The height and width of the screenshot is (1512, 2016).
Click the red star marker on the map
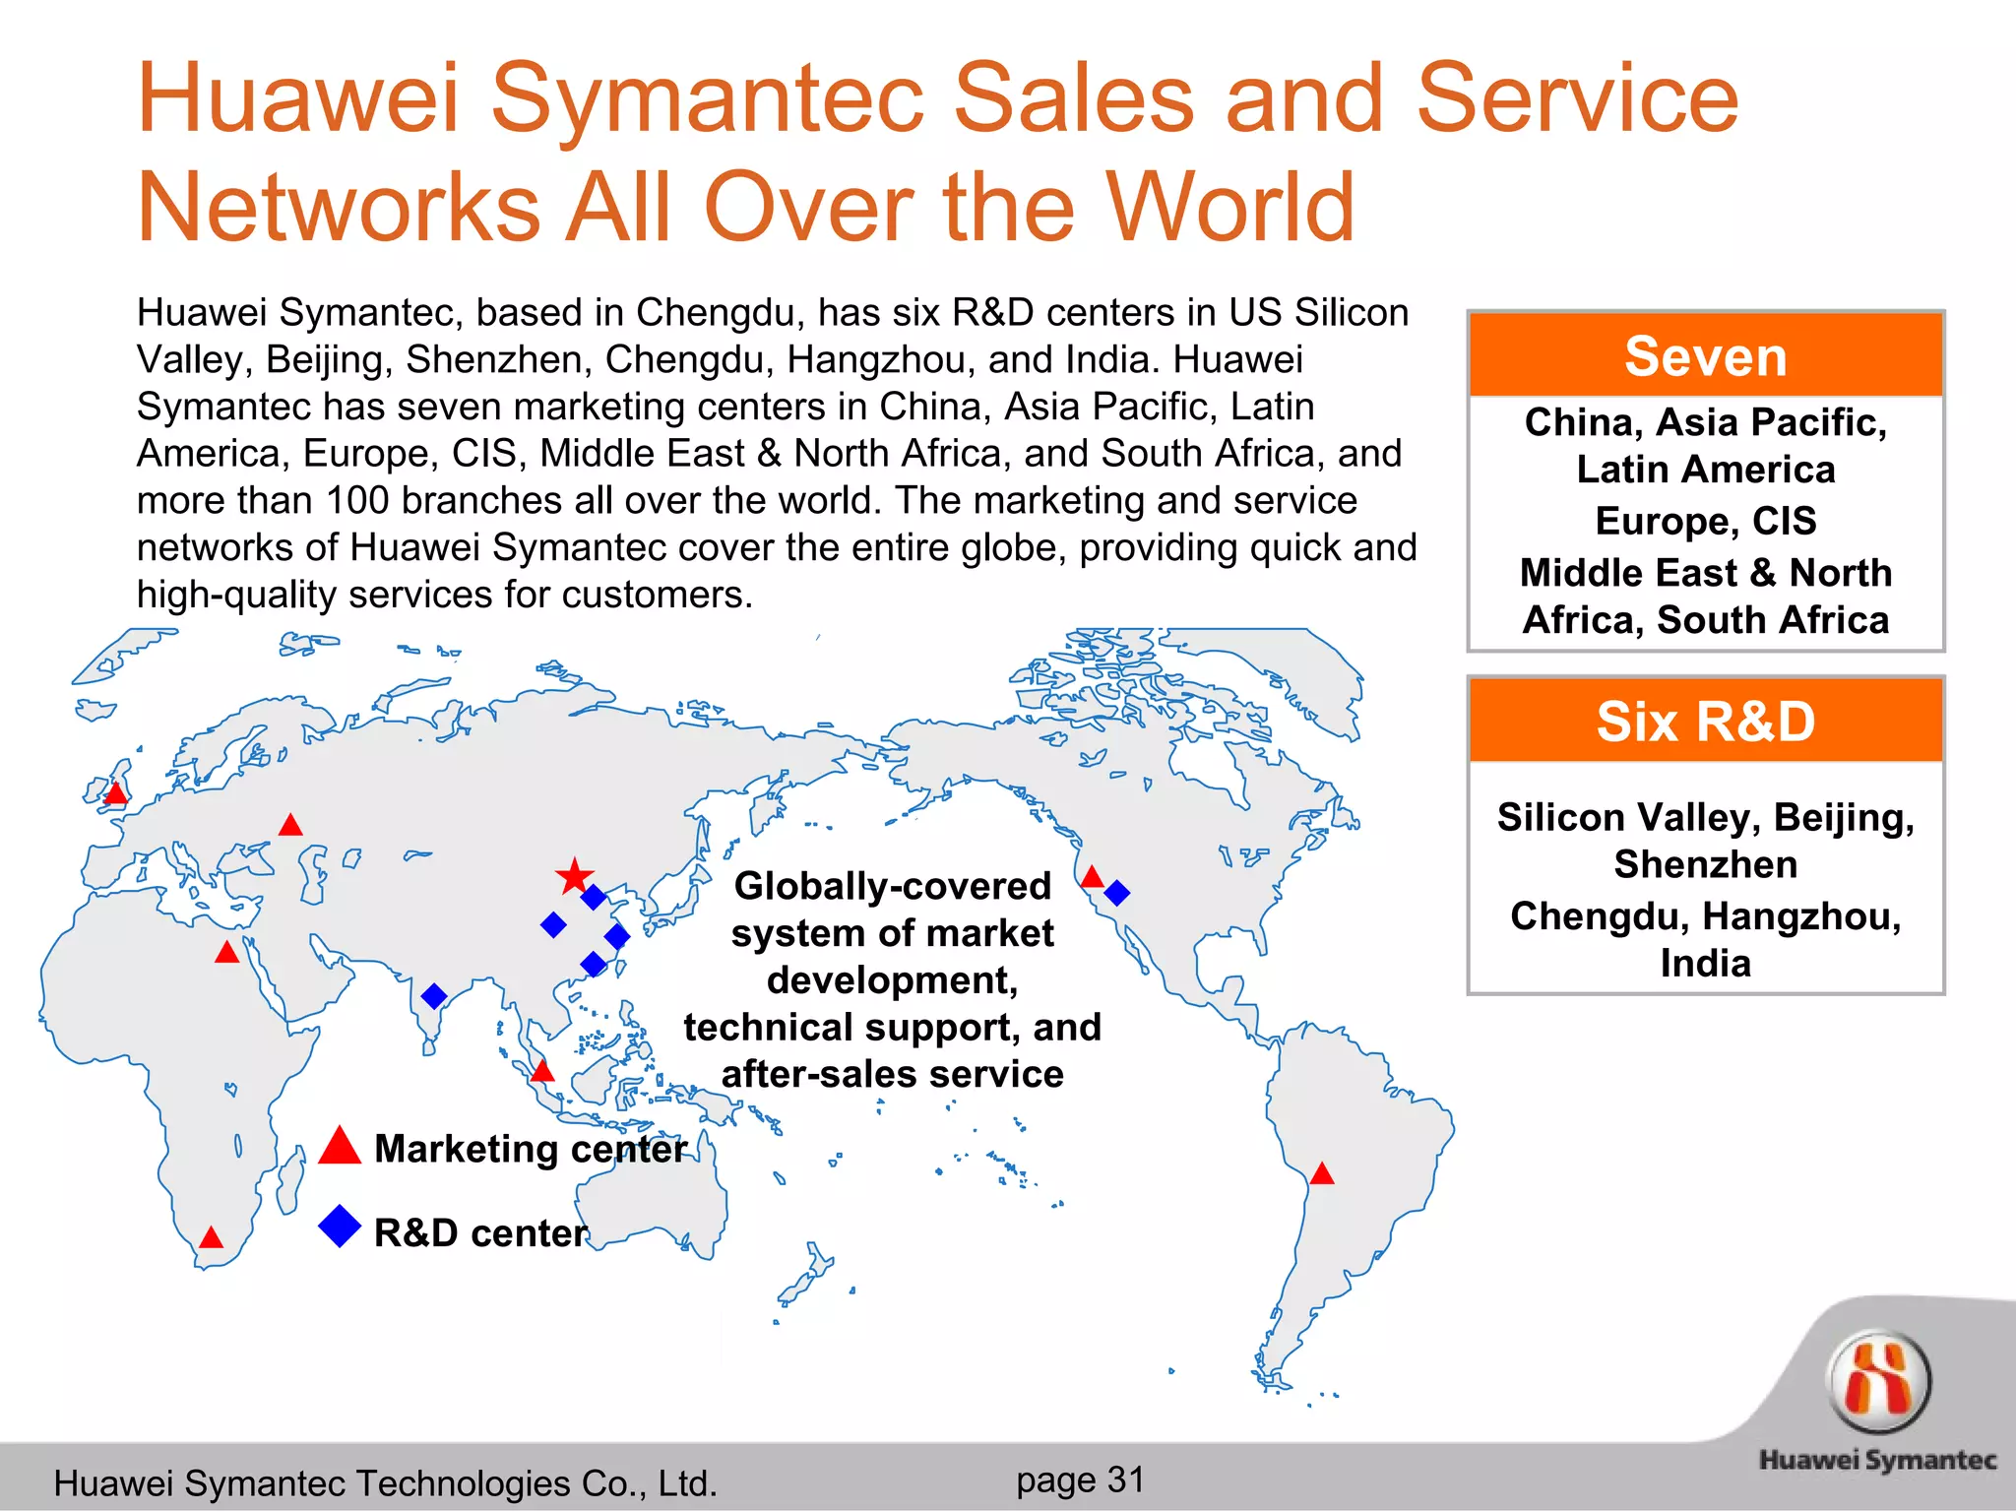(x=574, y=876)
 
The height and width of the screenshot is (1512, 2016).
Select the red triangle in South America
(x=1322, y=1174)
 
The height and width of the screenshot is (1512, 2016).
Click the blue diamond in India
(x=433, y=995)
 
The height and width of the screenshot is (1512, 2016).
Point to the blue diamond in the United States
(x=1116, y=893)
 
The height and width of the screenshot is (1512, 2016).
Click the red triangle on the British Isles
(x=116, y=793)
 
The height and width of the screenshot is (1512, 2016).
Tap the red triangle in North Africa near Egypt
(x=227, y=953)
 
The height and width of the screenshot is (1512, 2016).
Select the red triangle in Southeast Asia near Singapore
(x=542, y=1072)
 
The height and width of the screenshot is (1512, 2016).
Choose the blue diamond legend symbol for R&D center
(x=340, y=1227)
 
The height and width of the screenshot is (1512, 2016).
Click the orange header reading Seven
(x=1705, y=356)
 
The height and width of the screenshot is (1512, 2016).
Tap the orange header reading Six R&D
(x=1705, y=722)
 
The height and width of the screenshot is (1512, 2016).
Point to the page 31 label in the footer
(x=1080, y=1480)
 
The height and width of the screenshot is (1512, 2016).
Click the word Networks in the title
(x=339, y=208)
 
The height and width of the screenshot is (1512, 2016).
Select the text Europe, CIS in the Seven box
(x=1705, y=521)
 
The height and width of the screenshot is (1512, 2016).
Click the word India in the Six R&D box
(x=1705, y=963)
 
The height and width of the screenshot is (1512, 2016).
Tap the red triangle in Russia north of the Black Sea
(x=290, y=826)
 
